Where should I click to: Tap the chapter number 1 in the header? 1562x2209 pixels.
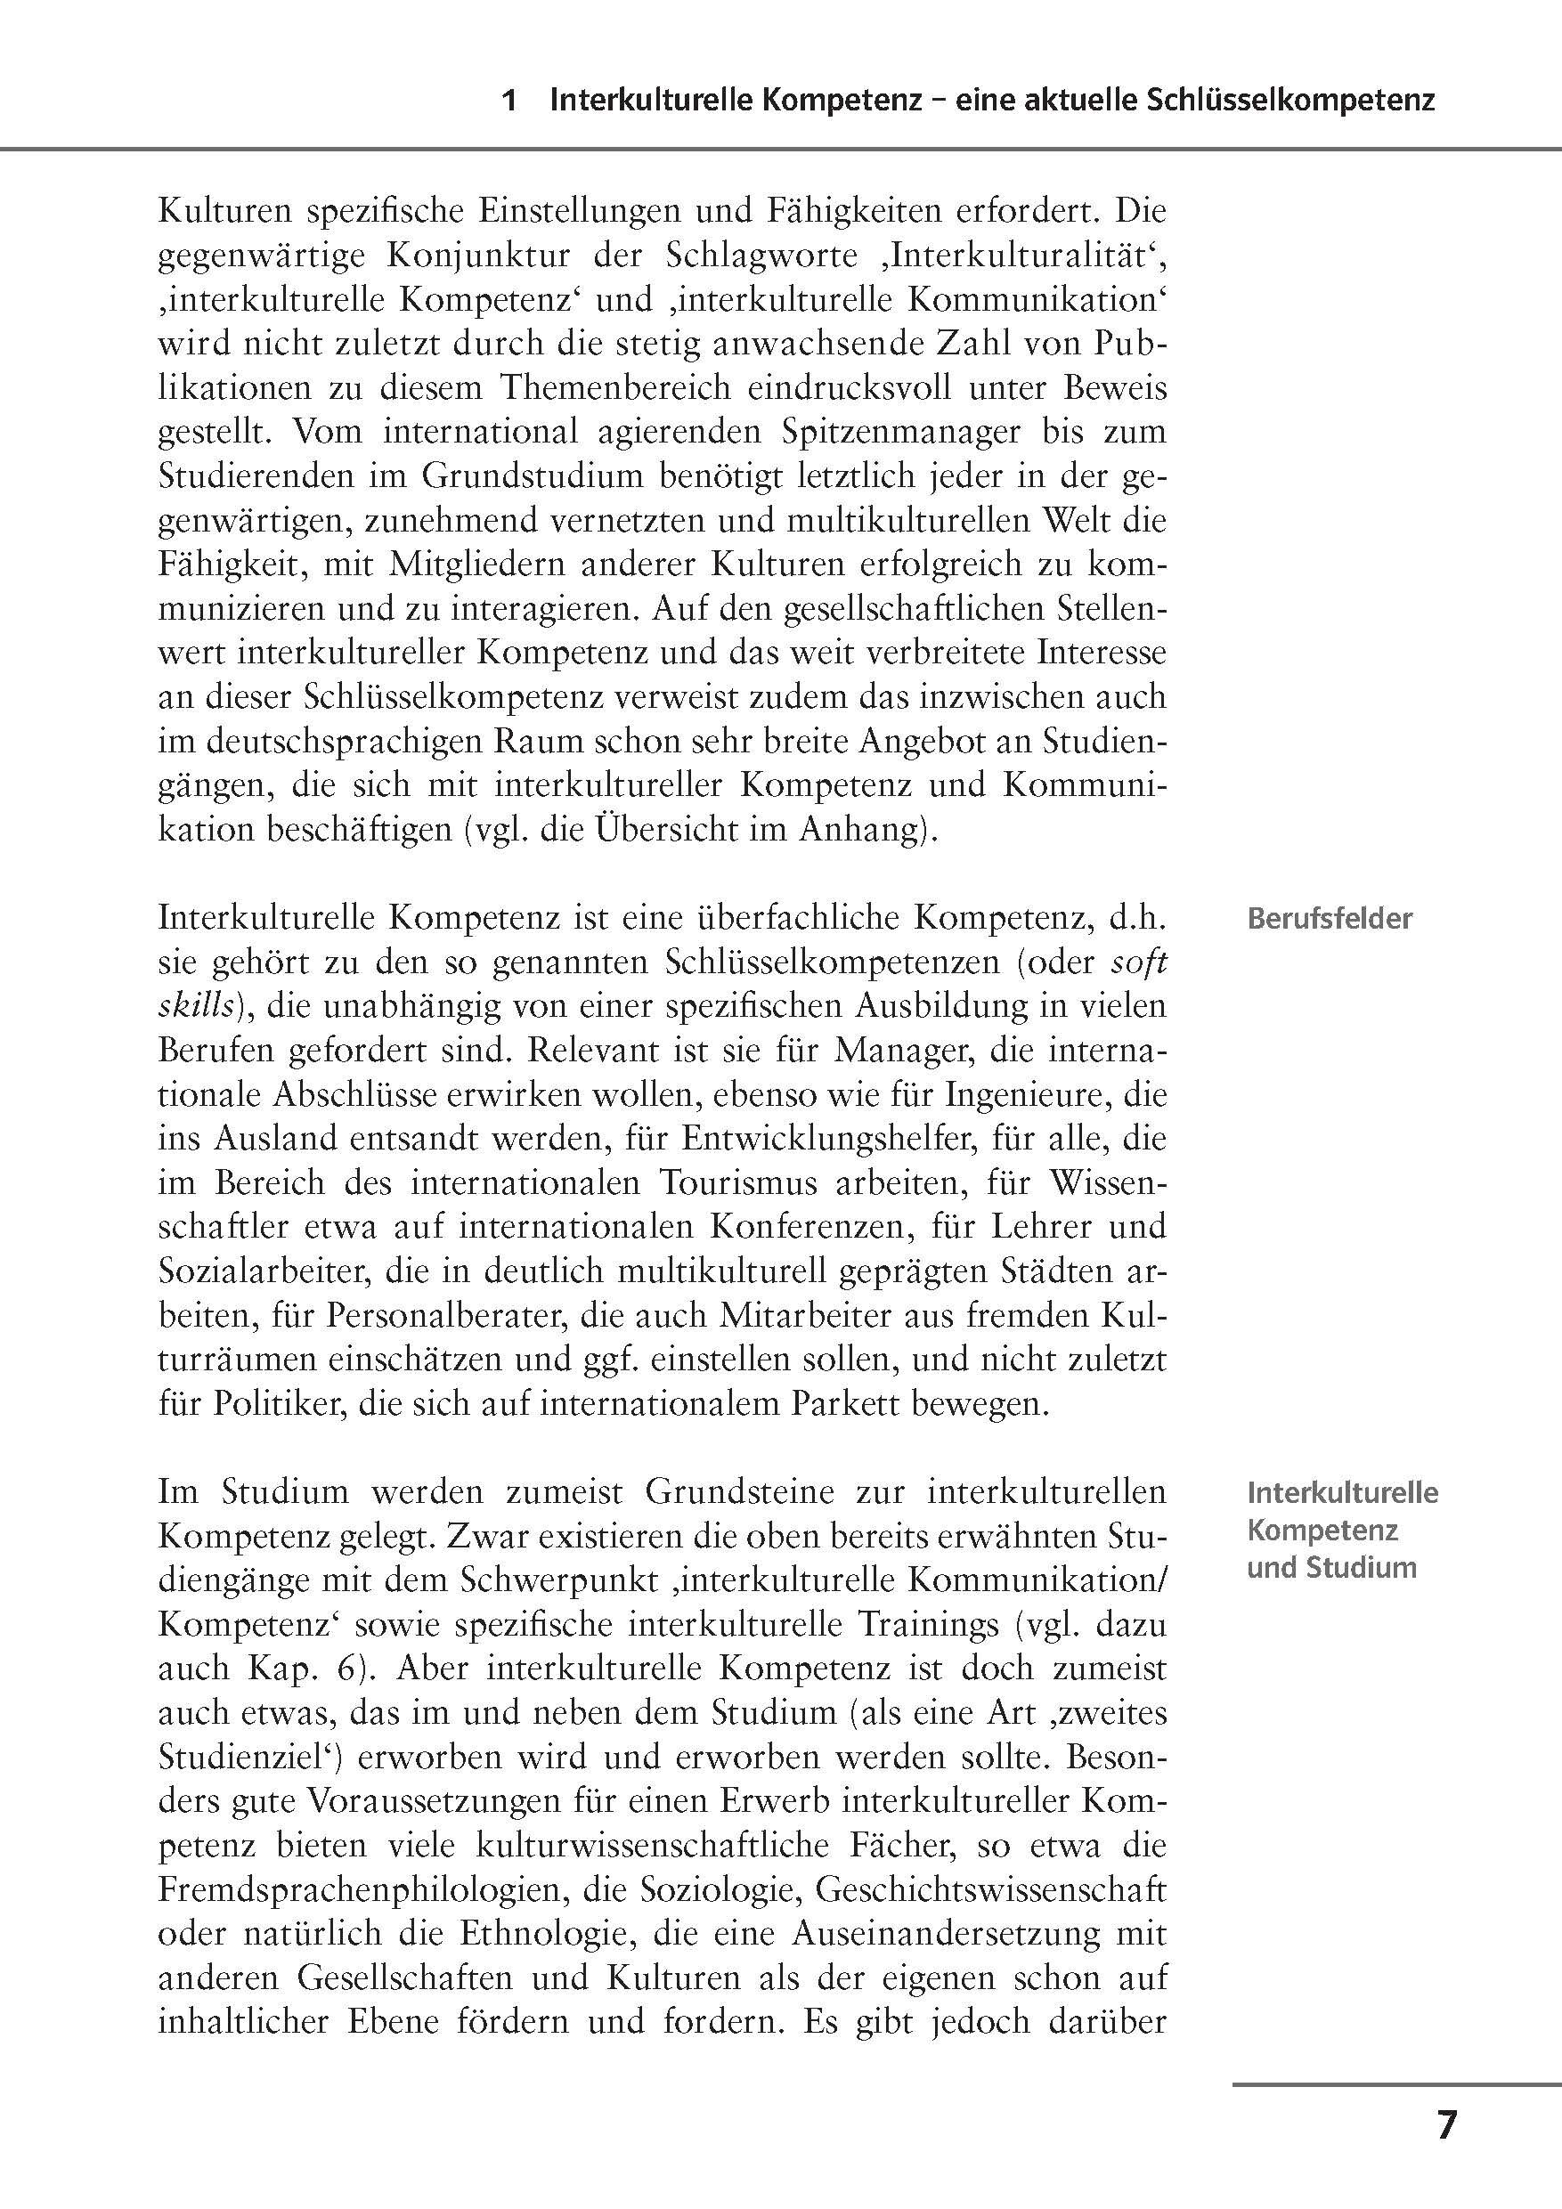tap(511, 101)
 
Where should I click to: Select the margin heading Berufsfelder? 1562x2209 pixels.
tap(1329, 919)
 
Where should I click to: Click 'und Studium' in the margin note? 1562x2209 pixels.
tap(1331, 1567)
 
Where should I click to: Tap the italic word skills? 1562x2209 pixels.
tap(195, 1005)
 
